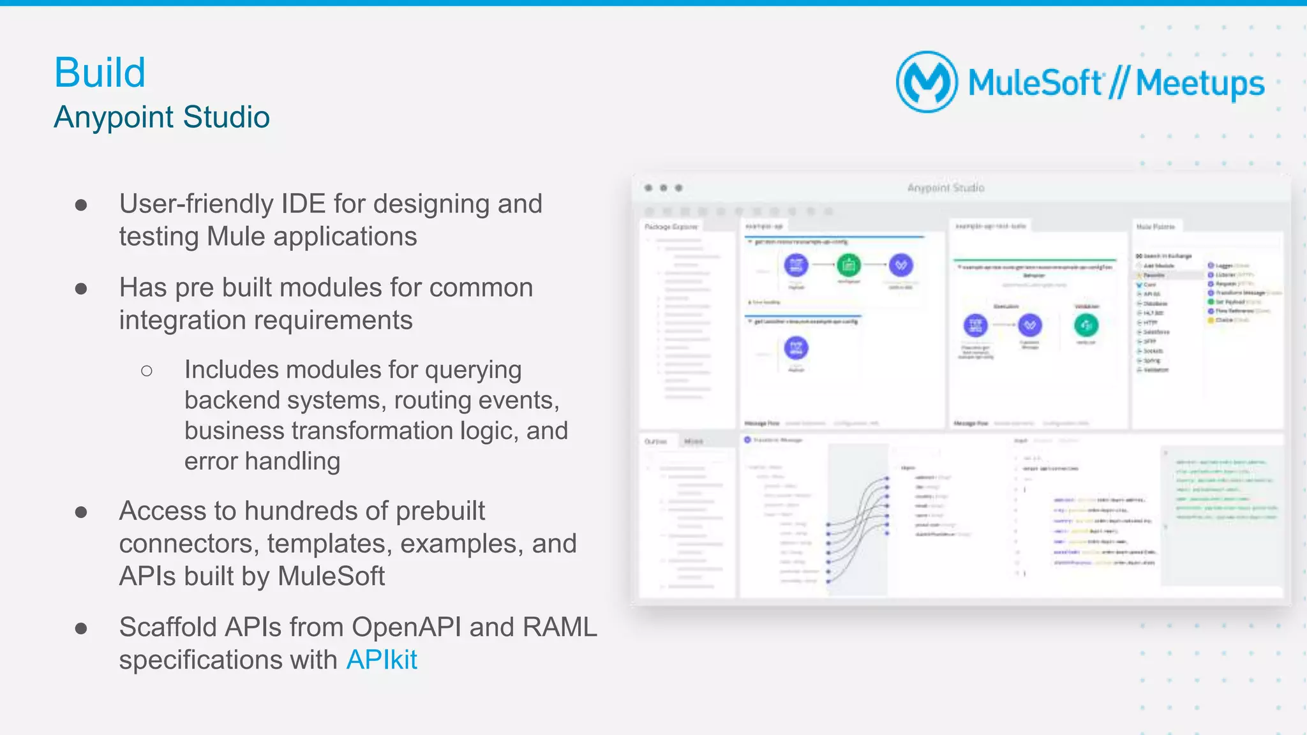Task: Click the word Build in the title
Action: point(100,73)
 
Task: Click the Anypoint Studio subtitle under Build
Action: point(161,117)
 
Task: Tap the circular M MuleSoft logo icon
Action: point(927,82)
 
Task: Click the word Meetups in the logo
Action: point(1200,84)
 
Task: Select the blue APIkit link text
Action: point(381,660)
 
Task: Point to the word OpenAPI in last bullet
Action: point(406,627)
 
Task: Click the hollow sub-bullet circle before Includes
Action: point(147,371)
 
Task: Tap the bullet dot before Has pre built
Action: point(81,288)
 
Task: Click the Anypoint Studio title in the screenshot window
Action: point(945,188)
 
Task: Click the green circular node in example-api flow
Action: point(848,264)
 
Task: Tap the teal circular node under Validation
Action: point(1086,325)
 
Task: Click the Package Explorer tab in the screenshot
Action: point(671,227)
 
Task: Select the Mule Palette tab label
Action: point(1155,226)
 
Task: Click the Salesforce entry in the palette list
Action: point(1156,332)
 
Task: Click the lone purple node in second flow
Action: point(796,348)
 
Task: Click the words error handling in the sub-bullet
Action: point(262,461)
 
